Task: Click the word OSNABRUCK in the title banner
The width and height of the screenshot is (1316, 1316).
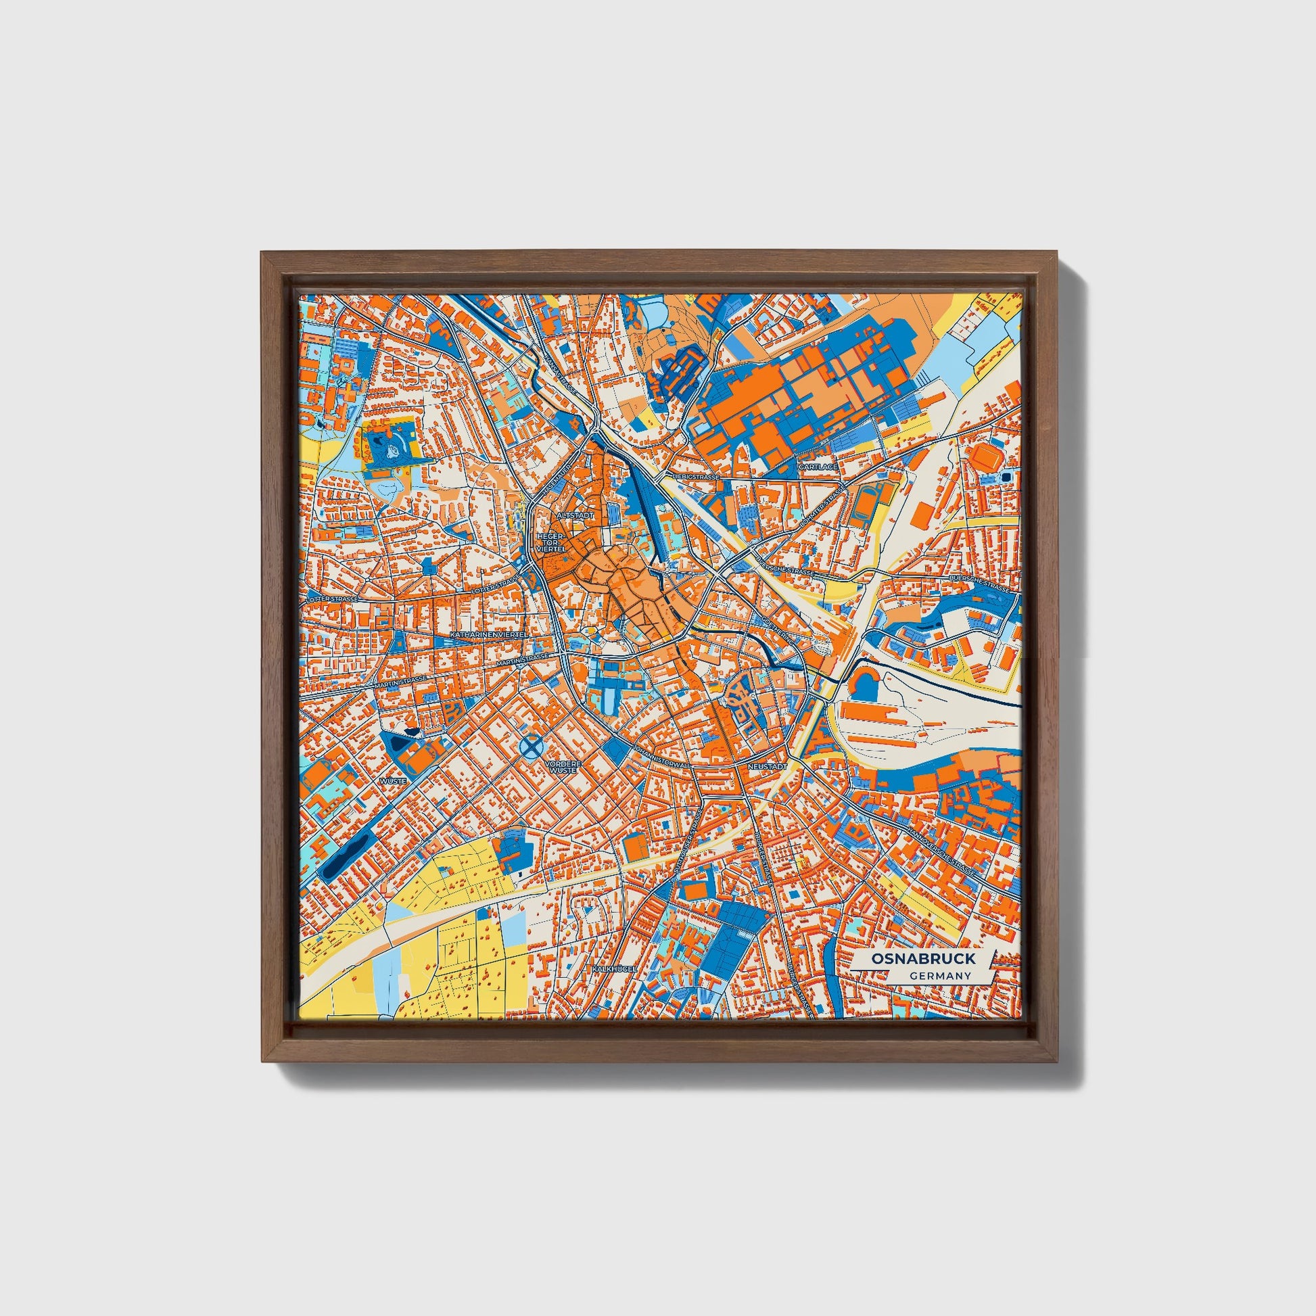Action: coord(923,958)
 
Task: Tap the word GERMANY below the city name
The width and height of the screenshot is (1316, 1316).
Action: coord(939,976)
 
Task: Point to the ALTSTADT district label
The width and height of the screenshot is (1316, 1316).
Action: coord(575,516)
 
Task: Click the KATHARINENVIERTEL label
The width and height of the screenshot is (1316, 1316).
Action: coord(489,635)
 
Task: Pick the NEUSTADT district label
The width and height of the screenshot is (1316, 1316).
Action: coord(767,766)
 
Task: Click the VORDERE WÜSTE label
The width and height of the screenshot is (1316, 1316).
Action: coord(563,768)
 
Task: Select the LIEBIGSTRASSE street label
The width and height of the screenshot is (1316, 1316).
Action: coord(695,477)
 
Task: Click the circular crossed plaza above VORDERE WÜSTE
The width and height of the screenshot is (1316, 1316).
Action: coord(532,747)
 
